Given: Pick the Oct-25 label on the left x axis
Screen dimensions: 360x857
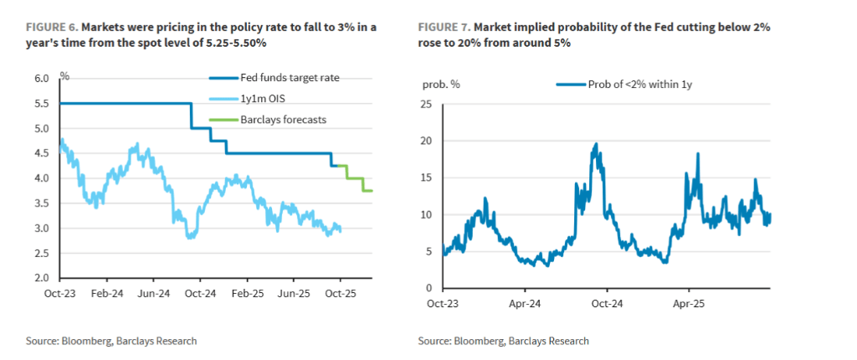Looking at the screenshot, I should pyautogui.click(x=340, y=295).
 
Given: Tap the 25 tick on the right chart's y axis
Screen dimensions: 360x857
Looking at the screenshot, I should pyautogui.click(x=425, y=105).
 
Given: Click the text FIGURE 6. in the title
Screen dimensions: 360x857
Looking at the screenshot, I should pyautogui.click(x=38, y=28).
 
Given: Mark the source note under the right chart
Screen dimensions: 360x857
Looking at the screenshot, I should pyautogui.click(x=504, y=341).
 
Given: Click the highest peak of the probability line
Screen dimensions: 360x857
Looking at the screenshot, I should pyautogui.click(x=596, y=144).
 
